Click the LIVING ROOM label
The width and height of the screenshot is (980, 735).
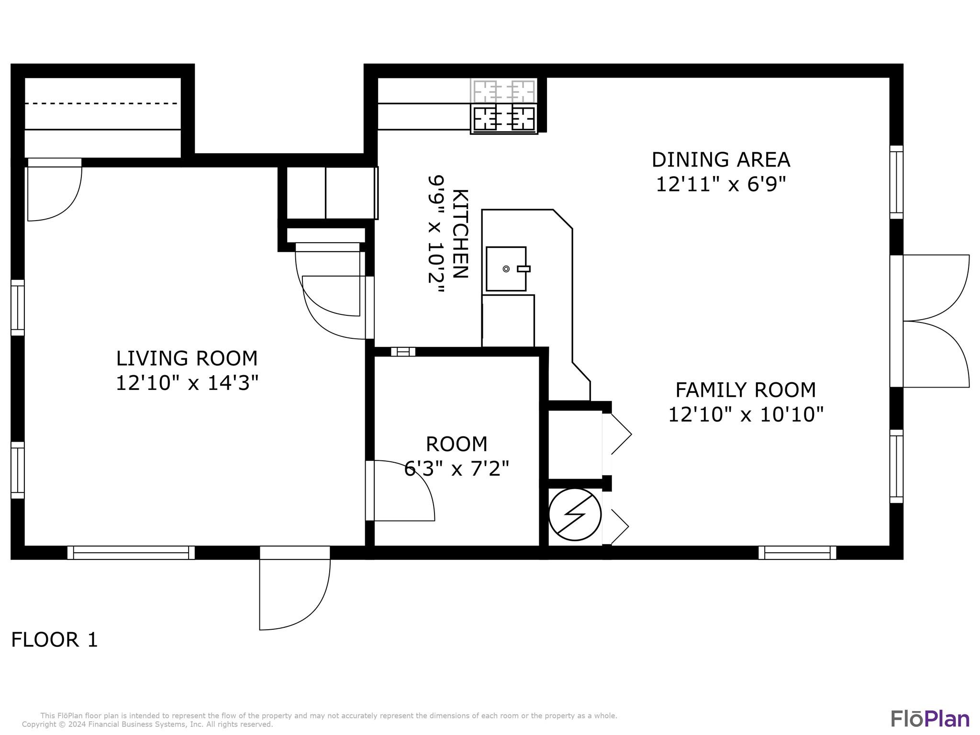[x=187, y=358]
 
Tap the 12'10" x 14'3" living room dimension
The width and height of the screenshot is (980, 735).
[x=187, y=383]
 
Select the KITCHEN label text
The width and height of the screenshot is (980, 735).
[x=460, y=234]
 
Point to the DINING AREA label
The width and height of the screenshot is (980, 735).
[x=721, y=160]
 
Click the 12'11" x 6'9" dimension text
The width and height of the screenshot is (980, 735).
[x=721, y=184]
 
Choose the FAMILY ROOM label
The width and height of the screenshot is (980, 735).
[x=746, y=390]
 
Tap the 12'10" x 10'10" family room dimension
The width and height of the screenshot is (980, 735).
[x=746, y=414]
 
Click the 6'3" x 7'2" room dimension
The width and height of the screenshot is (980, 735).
[x=457, y=468]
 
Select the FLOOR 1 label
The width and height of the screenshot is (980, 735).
[x=55, y=640]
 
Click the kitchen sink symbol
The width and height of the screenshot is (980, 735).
[x=506, y=269]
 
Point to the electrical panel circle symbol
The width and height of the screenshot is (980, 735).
[x=575, y=514]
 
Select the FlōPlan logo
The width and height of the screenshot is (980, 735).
[x=930, y=718]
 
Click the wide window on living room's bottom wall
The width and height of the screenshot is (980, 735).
[x=131, y=553]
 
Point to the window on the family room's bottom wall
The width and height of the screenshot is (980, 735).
[x=797, y=553]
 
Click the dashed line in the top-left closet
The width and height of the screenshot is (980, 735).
[x=101, y=103]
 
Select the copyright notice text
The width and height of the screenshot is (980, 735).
[x=147, y=724]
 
